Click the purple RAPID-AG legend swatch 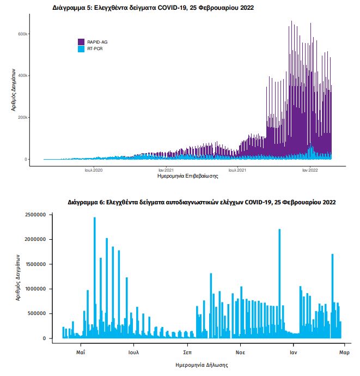[x=81, y=42]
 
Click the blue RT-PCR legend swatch [x=81, y=49]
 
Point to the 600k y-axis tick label [x=23, y=34]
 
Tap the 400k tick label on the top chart [x=23, y=76]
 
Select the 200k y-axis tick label [x=23, y=117]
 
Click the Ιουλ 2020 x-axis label [x=94, y=170]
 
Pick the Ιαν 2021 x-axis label [x=166, y=170]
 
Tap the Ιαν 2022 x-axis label [x=310, y=170]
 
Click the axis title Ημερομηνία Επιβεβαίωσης [x=188, y=176]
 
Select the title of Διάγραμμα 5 [x=153, y=8]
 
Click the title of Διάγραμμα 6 [x=202, y=202]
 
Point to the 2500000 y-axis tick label [x=35, y=215]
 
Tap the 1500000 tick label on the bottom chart [x=35, y=264]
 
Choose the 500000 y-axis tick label [x=36, y=313]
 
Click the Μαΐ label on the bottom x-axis [x=81, y=352]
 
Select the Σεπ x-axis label [x=187, y=352]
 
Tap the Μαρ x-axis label [x=344, y=353]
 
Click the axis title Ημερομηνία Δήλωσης [x=202, y=365]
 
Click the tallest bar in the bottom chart [x=95, y=278]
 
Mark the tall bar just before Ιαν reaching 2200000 [x=279, y=284]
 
